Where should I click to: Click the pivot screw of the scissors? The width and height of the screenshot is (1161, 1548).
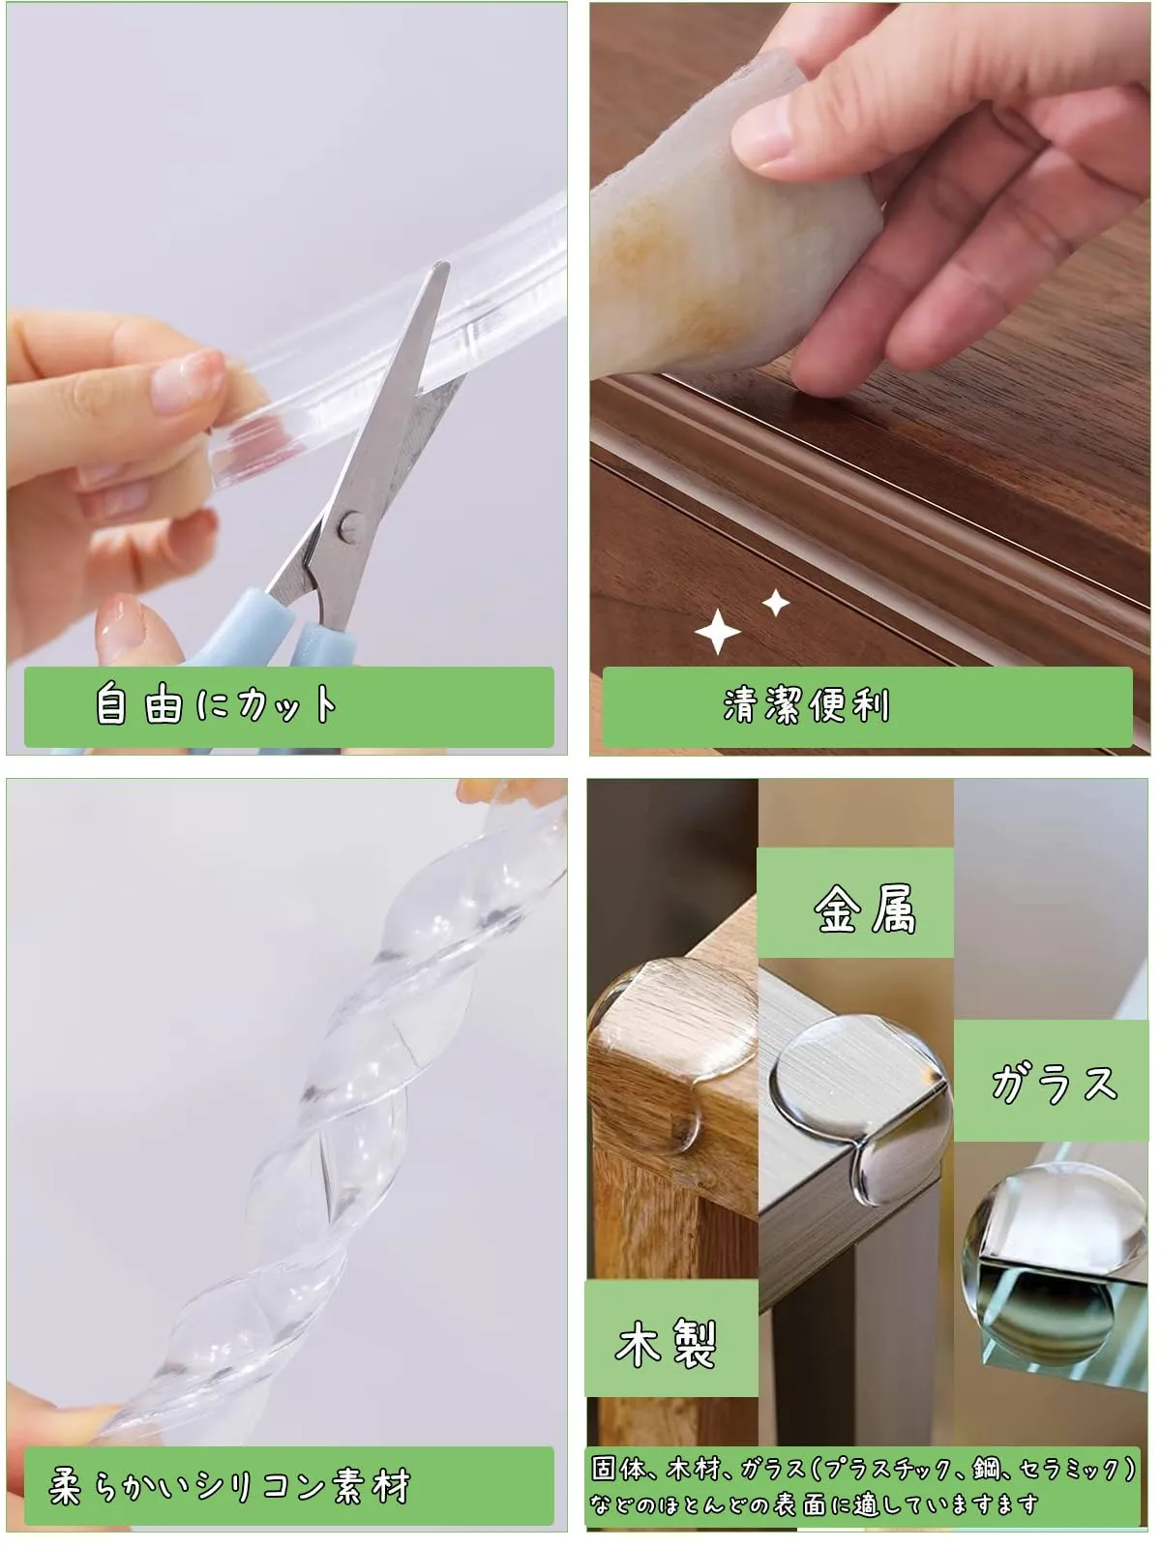350,527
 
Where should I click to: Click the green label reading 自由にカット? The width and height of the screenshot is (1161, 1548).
289,706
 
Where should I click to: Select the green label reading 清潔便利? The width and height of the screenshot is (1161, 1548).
867,706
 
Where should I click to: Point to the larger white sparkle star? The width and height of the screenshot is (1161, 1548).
718,632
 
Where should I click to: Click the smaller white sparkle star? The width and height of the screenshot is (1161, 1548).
776,603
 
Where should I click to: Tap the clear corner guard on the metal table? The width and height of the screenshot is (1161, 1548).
861,1107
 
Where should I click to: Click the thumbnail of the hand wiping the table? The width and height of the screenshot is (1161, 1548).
869,378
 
